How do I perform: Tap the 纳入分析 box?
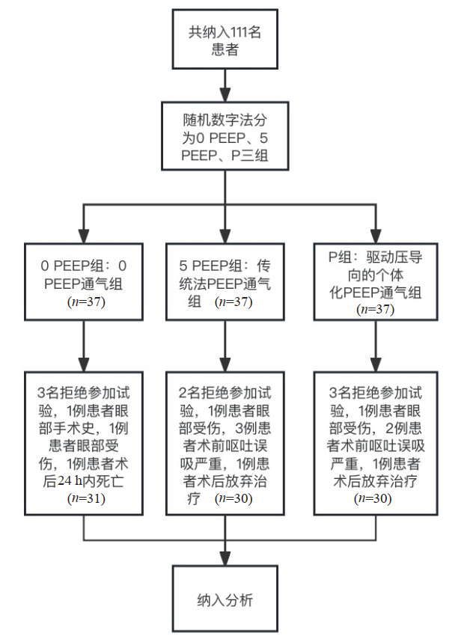(x=225, y=599)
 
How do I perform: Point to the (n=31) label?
(x=83, y=497)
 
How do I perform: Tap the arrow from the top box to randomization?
(x=224, y=87)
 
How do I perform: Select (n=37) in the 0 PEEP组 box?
(x=83, y=304)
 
